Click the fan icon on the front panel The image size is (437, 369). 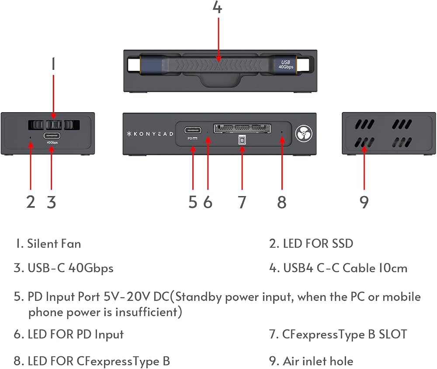point(304,134)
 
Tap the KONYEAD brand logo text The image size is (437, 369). point(150,134)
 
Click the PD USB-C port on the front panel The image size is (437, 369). point(193,130)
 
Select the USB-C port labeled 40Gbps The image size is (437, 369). point(52,136)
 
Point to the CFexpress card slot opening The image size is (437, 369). point(242,128)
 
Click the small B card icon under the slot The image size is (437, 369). point(242,140)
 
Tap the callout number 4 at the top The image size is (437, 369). point(217,7)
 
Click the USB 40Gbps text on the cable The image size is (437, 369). point(286,65)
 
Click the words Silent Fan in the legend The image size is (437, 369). point(54,244)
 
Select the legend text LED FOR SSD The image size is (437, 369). point(318,244)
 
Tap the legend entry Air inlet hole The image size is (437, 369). point(318,361)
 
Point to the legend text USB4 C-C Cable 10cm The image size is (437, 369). point(345,268)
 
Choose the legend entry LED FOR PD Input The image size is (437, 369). point(76,335)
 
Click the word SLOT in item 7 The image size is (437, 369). point(393,334)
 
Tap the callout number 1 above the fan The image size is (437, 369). point(53,64)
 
